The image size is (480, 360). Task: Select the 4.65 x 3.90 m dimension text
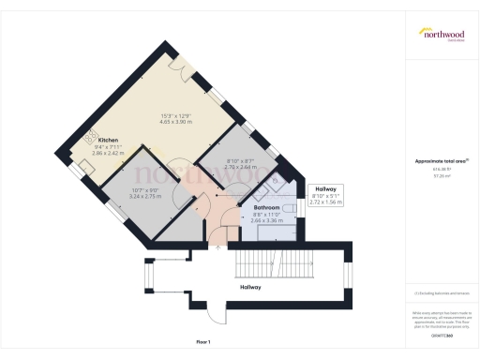(177, 122)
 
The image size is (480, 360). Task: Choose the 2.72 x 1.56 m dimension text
(326, 202)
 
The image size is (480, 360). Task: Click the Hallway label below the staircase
(250, 286)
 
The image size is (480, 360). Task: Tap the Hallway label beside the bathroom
(325, 187)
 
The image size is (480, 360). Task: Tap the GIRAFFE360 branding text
(440, 334)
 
